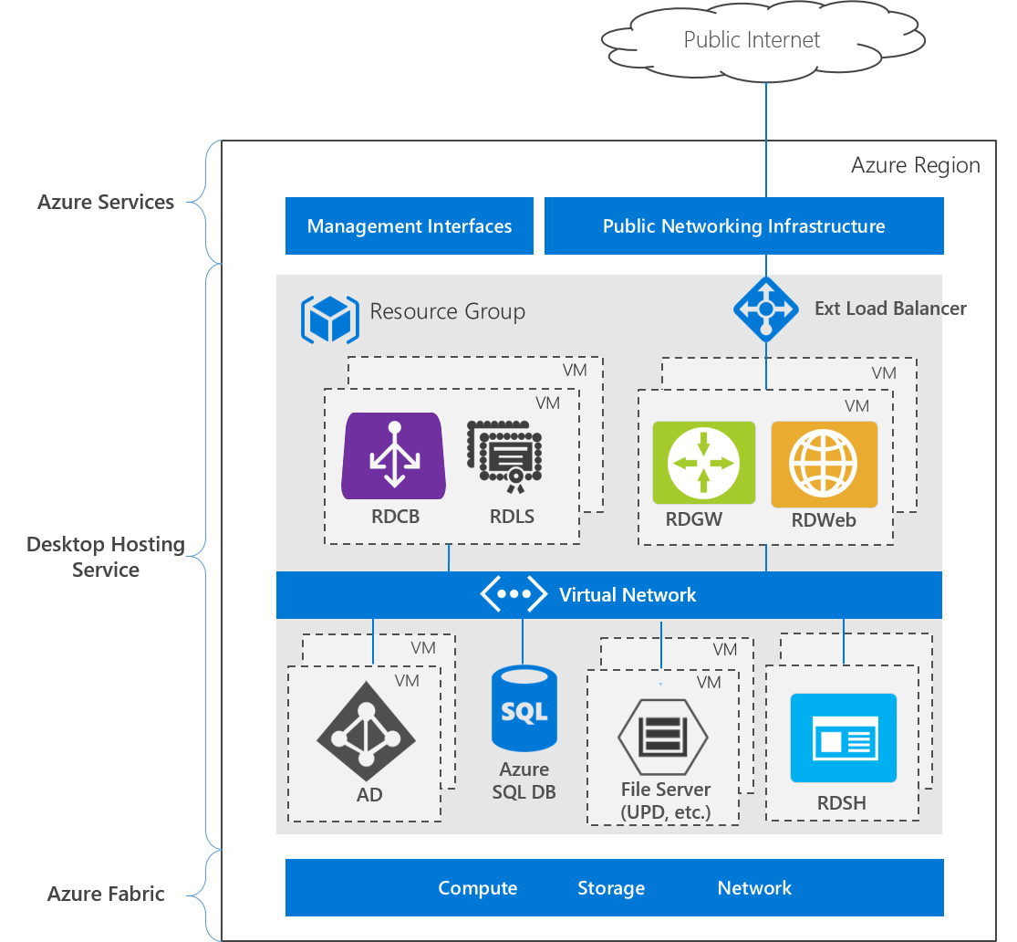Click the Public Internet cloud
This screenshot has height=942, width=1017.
pyautogui.click(x=752, y=40)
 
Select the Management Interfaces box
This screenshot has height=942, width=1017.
pyautogui.click(x=409, y=226)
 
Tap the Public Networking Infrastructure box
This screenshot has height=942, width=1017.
pyautogui.click(x=743, y=226)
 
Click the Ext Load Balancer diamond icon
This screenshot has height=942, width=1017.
pyautogui.click(x=766, y=309)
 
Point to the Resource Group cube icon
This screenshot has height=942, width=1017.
pyautogui.click(x=329, y=319)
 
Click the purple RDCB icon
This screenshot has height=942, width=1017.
pyautogui.click(x=394, y=456)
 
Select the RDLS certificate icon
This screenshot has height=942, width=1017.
pyautogui.click(x=504, y=457)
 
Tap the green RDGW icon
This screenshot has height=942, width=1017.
pyautogui.click(x=704, y=462)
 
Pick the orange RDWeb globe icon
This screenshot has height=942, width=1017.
pyautogui.click(x=824, y=464)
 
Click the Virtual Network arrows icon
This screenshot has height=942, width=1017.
pyautogui.click(x=514, y=594)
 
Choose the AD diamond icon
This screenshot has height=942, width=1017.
pyautogui.click(x=366, y=737)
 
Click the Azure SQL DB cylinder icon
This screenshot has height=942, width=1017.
pyautogui.click(x=524, y=708)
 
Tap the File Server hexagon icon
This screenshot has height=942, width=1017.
pyautogui.click(x=663, y=735)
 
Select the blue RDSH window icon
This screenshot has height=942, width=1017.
pyautogui.click(x=843, y=738)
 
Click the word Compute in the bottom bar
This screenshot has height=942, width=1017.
pyautogui.click(x=477, y=888)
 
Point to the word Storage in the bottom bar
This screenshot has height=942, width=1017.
pyautogui.click(x=610, y=888)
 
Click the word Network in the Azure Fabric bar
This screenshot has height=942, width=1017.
pyautogui.click(x=754, y=888)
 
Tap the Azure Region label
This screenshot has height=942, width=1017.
pyautogui.click(x=915, y=165)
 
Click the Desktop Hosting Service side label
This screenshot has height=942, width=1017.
pyautogui.click(x=106, y=557)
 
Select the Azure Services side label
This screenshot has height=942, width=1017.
pyautogui.click(x=106, y=202)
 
